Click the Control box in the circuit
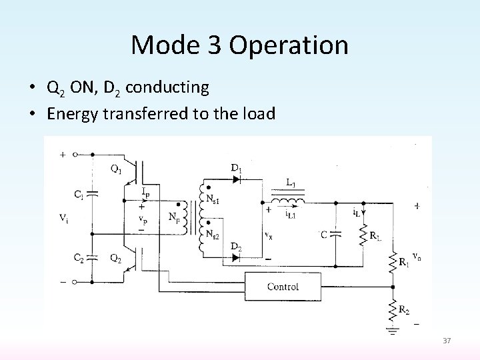283,287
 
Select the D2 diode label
237,249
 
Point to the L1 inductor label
291,182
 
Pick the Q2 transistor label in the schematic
115,259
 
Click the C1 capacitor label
78,195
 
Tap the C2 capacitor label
78,258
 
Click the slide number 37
446,341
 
